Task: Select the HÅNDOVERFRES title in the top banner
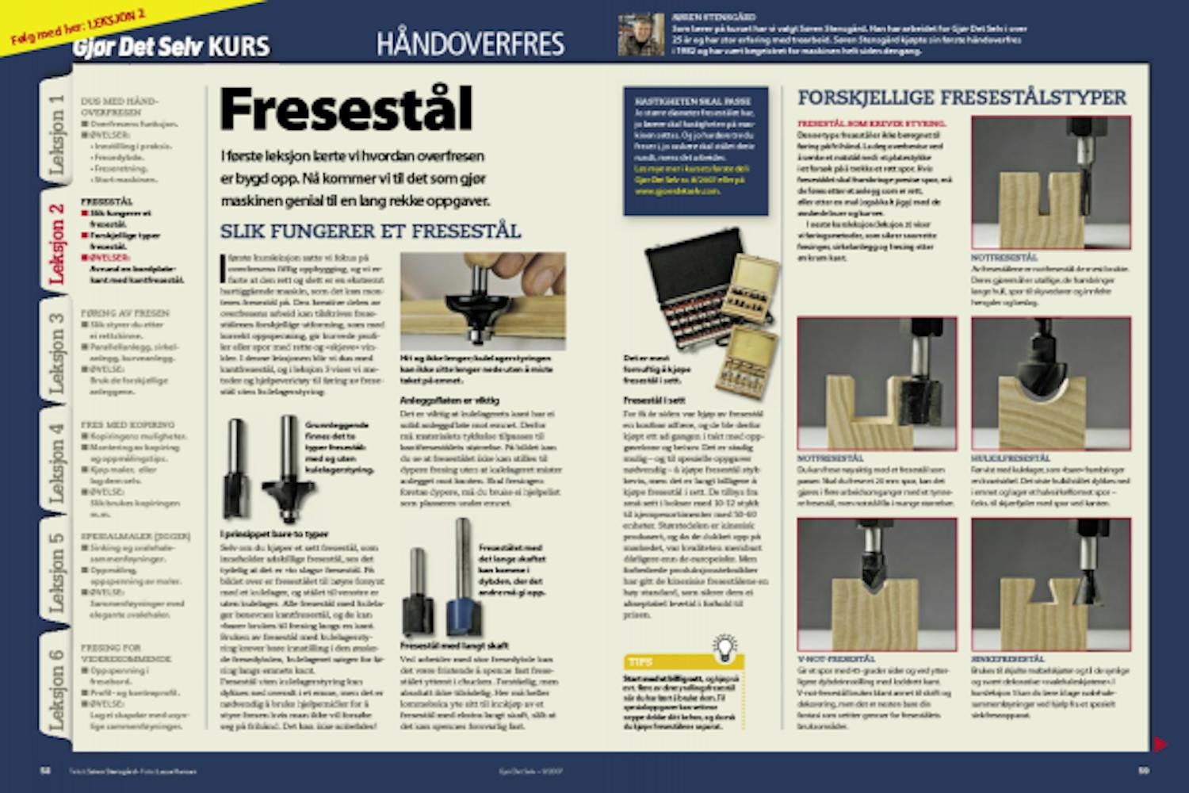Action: click(470, 43)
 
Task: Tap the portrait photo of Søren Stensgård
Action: click(640, 35)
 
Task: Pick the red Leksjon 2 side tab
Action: click(56, 242)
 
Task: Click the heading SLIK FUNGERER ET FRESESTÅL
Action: click(370, 232)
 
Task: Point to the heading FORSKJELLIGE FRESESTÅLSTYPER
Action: click(962, 98)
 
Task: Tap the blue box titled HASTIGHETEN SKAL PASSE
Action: click(695, 151)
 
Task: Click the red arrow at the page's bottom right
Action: click(1160, 744)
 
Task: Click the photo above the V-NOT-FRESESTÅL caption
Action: click(877, 584)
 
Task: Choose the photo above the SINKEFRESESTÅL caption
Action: click(1050, 584)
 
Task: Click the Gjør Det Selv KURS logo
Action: click(171, 46)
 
